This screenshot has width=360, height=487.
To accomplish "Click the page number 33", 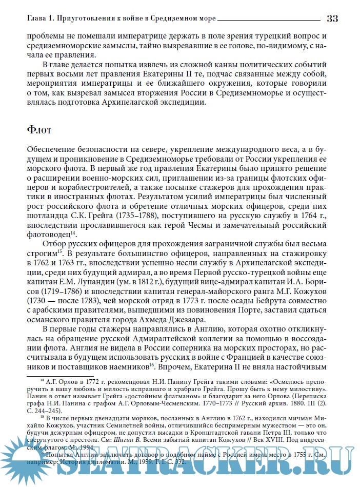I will coord(332,18).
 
